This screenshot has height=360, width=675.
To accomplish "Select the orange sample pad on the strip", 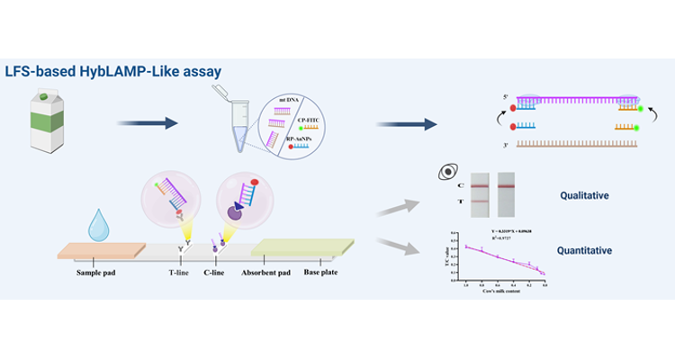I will (x=96, y=248).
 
